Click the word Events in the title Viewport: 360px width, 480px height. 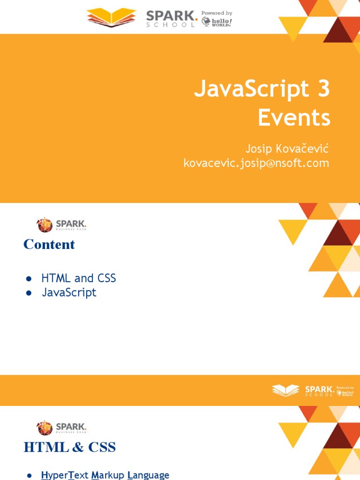pos(294,118)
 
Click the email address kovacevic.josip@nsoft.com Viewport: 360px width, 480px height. pos(256,163)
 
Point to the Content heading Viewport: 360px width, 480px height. pos(49,244)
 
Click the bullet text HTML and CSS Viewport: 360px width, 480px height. pos(78,278)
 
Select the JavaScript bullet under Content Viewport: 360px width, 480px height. pos(69,292)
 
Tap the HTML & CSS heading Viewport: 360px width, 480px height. pos(69,447)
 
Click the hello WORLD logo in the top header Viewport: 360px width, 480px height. pos(217,22)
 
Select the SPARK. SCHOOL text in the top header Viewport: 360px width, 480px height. pos(171,18)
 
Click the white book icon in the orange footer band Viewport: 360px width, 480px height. pos(285,390)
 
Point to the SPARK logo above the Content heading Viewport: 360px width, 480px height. pos(61,225)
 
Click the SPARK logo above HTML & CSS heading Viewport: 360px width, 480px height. pos(61,427)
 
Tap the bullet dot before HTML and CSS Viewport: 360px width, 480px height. pos(29,278)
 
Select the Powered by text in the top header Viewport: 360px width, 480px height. pos(217,13)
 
